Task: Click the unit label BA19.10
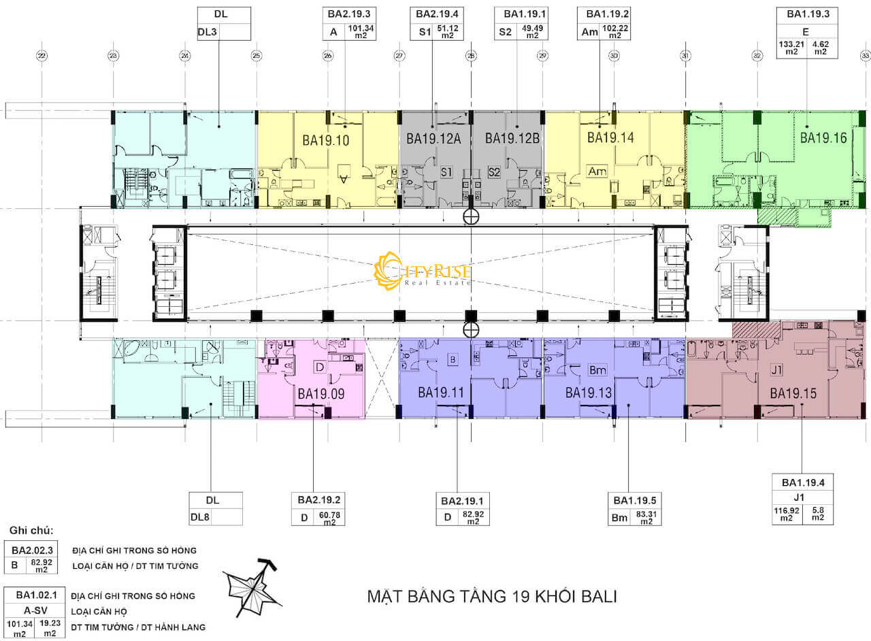click(x=325, y=141)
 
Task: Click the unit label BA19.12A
click(x=434, y=138)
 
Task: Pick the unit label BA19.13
click(x=589, y=393)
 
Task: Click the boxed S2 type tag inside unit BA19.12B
click(x=494, y=171)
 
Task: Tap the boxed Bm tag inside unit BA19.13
click(x=597, y=370)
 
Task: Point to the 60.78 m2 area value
click(x=329, y=518)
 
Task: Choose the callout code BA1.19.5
click(x=636, y=500)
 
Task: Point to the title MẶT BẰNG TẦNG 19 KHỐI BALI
click(x=491, y=597)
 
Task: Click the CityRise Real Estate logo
click(x=423, y=271)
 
